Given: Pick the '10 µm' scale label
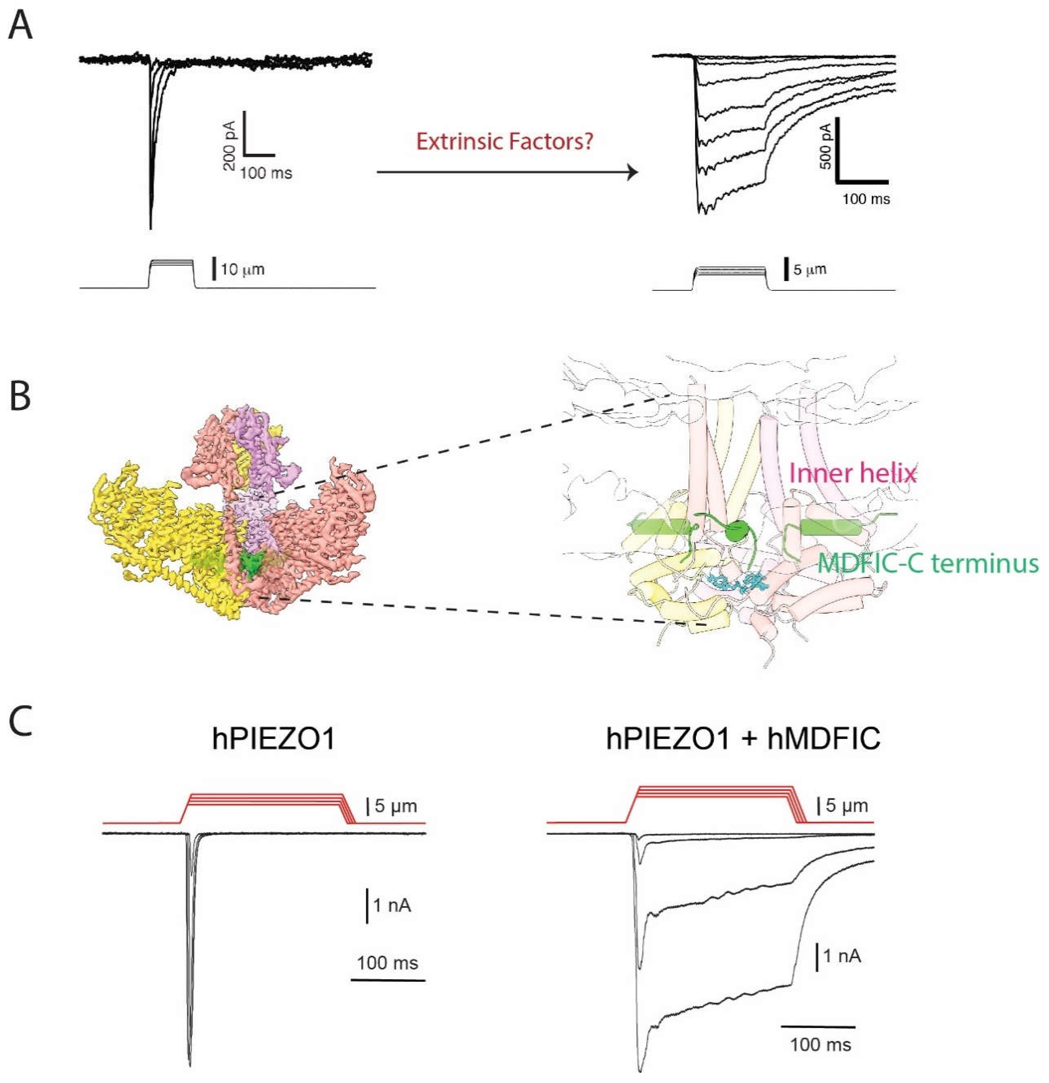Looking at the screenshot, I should (x=242, y=270).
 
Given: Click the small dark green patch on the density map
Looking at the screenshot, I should (x=251, y=565).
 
